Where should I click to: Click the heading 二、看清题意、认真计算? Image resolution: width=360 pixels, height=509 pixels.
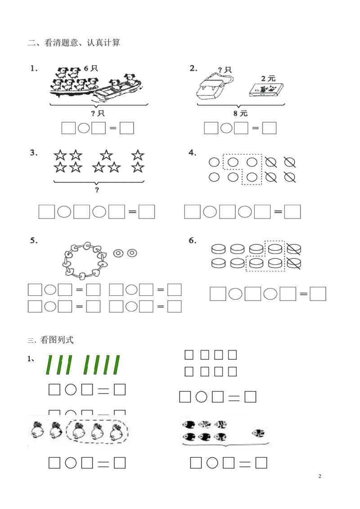(74, 43)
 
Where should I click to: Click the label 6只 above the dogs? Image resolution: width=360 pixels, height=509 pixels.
(90, 68)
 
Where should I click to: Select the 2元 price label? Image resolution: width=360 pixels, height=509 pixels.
(268, 78)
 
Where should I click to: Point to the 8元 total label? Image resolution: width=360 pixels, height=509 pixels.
(240, 113)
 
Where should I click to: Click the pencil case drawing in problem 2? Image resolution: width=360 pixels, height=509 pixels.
(266, 90)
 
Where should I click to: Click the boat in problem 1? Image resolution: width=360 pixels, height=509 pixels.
(117, 90)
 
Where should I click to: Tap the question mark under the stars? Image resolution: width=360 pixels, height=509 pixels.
(97, 190)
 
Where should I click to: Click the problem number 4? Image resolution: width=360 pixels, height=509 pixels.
(192, 152)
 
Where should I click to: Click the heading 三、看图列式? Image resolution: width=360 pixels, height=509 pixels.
(50, 340)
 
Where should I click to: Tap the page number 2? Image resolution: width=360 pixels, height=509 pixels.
(319, 476)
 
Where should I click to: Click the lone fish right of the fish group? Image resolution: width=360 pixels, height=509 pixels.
(259, 433)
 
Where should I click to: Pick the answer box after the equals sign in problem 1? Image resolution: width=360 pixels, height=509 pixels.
(127, 128)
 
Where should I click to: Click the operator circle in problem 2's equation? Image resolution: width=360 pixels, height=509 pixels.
(226, 128)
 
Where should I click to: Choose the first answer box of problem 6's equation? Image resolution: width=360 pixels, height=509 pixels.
(218, 294)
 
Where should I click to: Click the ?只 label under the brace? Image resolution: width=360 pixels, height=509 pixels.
(98, 113)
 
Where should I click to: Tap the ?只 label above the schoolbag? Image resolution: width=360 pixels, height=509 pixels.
(225, 70)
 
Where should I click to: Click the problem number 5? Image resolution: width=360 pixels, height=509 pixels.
(34, 241)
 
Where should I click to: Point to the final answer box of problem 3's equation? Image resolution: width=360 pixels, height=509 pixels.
(147, 212)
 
